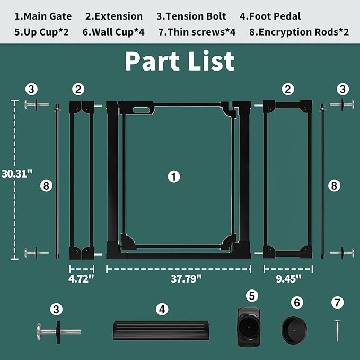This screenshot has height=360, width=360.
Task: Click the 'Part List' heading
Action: (180, 61)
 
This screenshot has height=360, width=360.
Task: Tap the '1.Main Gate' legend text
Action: (43, 16)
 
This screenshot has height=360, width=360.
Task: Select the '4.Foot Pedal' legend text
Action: (270, 16)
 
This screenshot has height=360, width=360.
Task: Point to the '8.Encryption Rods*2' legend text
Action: (299, 32)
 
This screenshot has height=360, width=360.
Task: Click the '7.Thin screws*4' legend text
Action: (197, 32)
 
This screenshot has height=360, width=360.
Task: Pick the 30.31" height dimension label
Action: (17, 173)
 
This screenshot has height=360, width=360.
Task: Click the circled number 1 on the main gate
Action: (174, 177)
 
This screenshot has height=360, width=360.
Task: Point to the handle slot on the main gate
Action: (142, 110)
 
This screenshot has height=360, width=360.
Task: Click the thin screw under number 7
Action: (336, 330)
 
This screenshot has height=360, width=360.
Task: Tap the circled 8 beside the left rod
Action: (46, 186)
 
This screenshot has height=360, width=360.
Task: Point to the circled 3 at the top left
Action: (32, 89)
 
